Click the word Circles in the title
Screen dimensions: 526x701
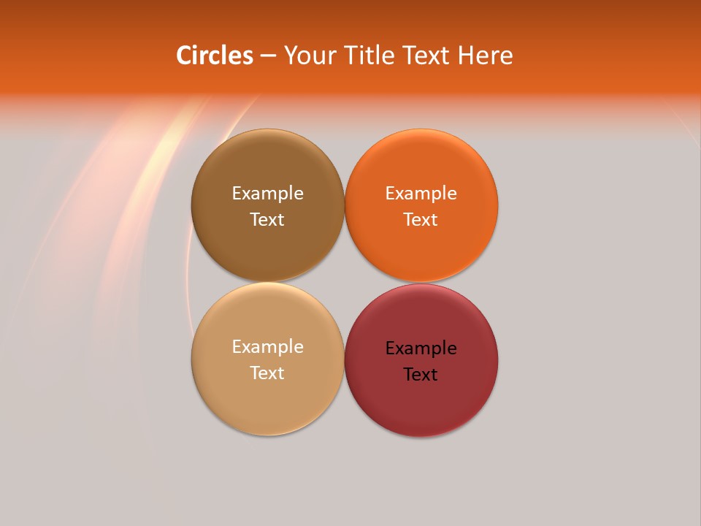[215, 55]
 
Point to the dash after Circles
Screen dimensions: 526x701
[268, 56]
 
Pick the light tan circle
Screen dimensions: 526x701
[267, 398]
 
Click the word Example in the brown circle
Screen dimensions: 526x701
[267, 194]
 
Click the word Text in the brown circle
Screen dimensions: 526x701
[267, 220]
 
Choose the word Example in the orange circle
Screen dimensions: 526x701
[421, 194]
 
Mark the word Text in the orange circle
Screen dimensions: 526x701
[421, 220]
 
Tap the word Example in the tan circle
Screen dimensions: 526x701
[267, 347]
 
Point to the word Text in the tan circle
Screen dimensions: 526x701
[267, 373]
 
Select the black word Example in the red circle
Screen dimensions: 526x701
[421, 348]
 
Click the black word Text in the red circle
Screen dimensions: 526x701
[421, 375]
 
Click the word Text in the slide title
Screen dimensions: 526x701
[427, 55]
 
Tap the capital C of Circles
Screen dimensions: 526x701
[185, 55]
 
